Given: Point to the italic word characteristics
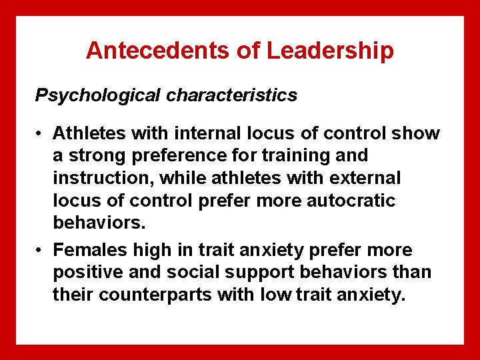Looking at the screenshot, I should click(232, 95).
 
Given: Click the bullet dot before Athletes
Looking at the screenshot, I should click(40, 133).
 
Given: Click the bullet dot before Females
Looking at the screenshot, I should click(40, 250).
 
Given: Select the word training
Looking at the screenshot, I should click(303, 155).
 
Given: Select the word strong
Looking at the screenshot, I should click(93, 155).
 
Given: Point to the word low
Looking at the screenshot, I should click(277, 295).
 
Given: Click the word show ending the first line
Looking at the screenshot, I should click(416, 133).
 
